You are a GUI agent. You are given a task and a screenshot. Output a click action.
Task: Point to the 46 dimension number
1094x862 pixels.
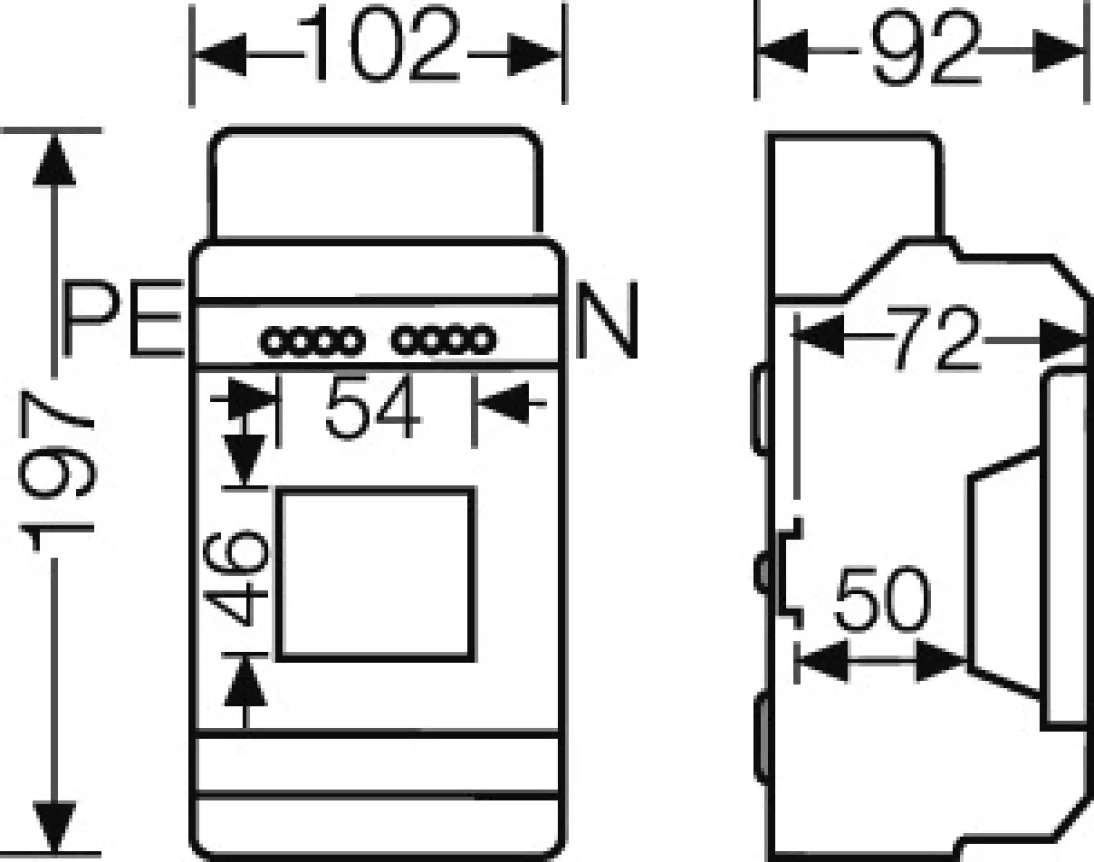237,576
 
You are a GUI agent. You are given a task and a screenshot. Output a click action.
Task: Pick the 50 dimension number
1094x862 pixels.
883,601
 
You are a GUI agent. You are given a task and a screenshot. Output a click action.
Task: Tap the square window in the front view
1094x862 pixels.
375,574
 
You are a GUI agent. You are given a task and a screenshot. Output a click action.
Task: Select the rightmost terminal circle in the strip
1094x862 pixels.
482,340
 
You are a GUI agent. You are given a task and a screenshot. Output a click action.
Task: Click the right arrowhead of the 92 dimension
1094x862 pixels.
1058,51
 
